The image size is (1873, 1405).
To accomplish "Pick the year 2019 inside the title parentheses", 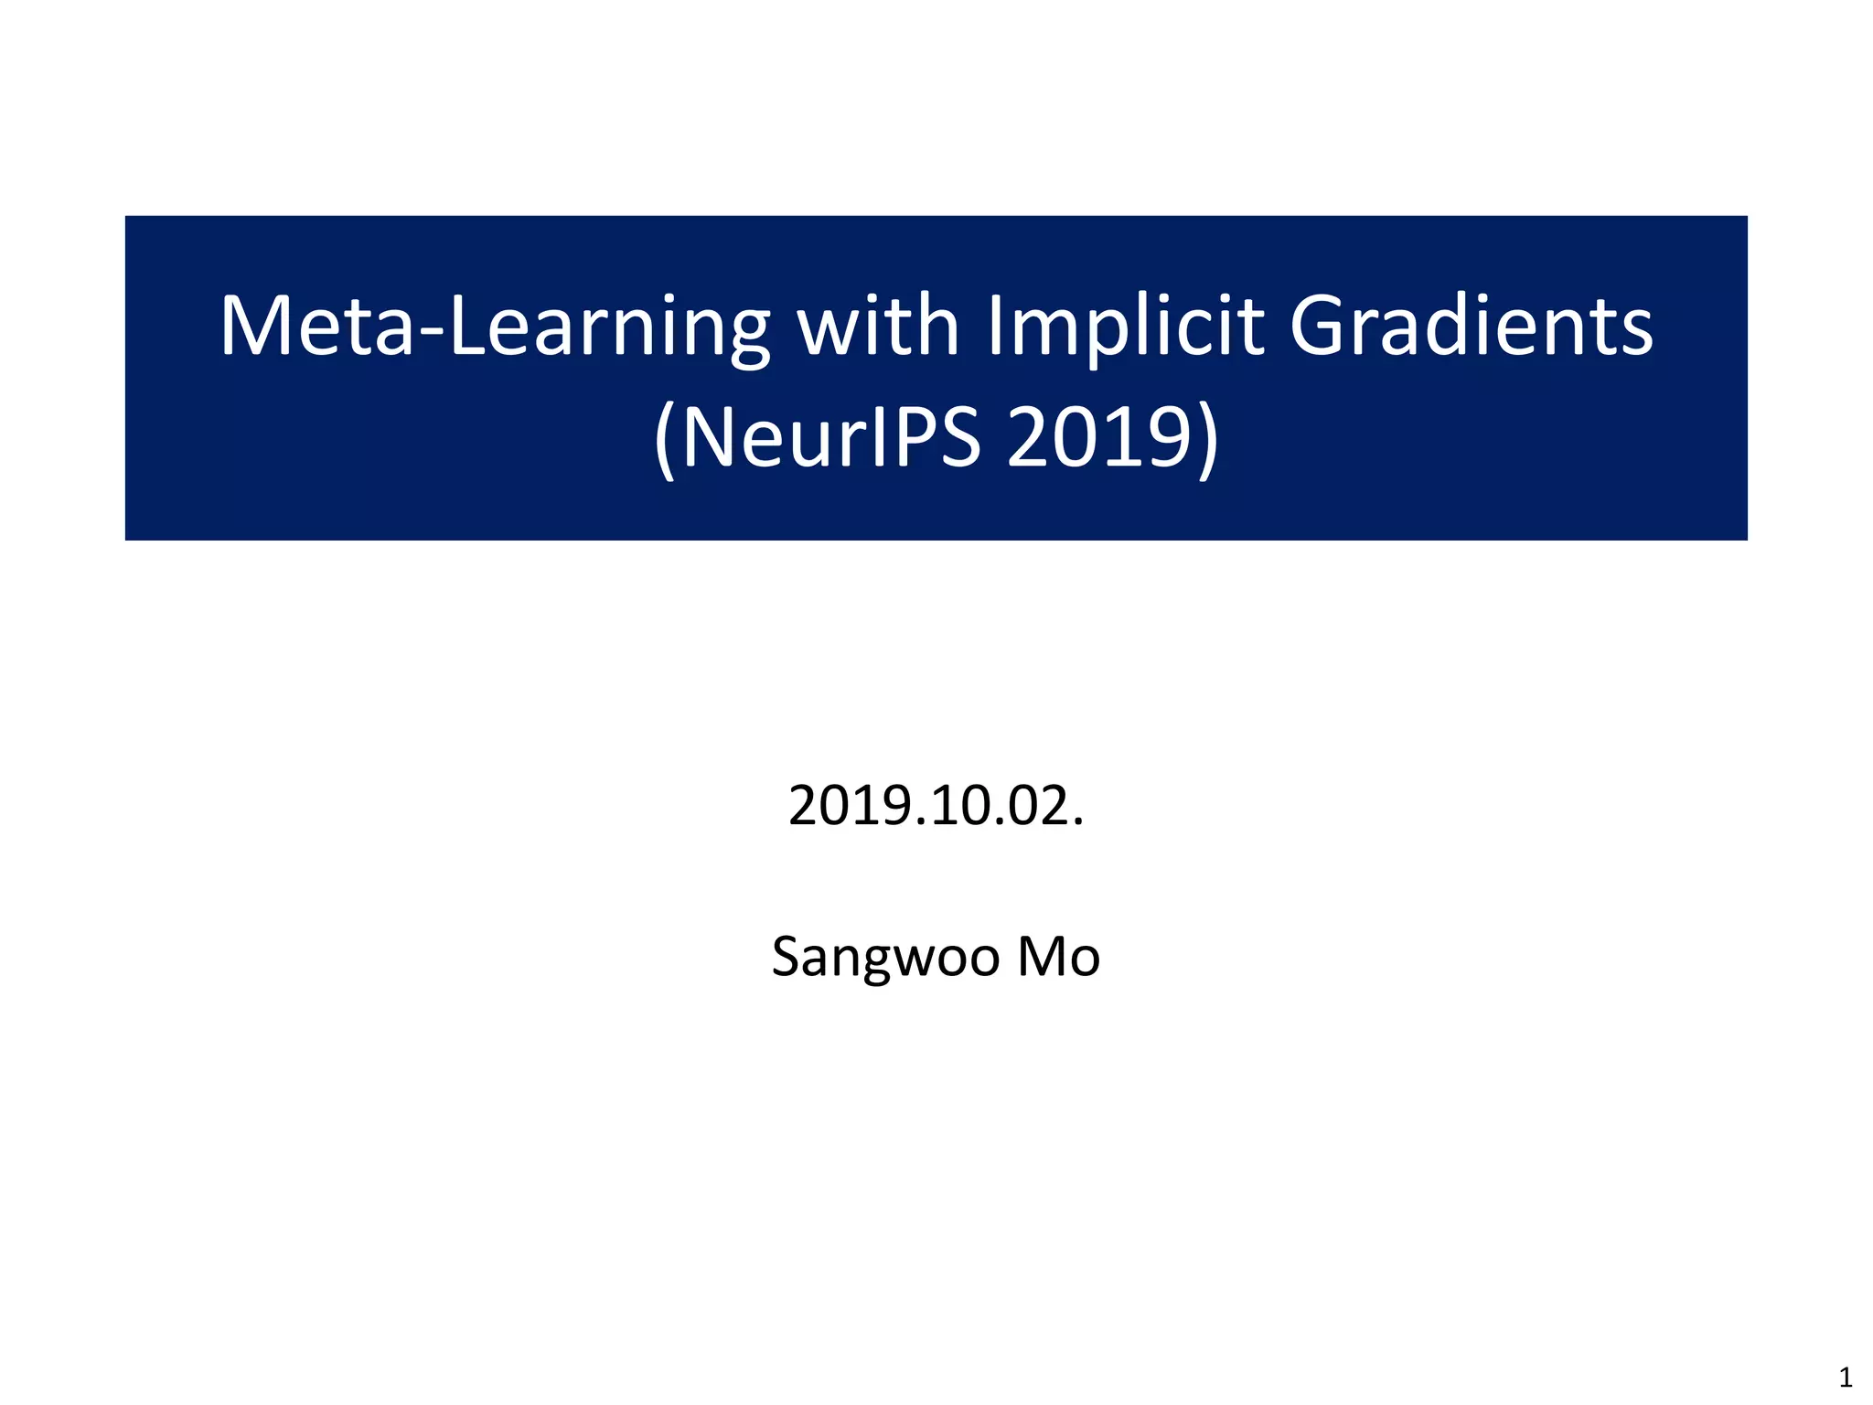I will click(1099, 438).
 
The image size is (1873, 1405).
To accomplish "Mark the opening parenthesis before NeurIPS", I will click(665, 440).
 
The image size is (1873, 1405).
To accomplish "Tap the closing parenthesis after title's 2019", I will click(1208, 440).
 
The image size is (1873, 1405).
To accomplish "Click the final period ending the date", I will click(1078, 822).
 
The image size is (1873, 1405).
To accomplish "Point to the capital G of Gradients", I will click(1318, 327).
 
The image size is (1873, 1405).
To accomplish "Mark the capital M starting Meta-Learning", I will click(252, 327).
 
